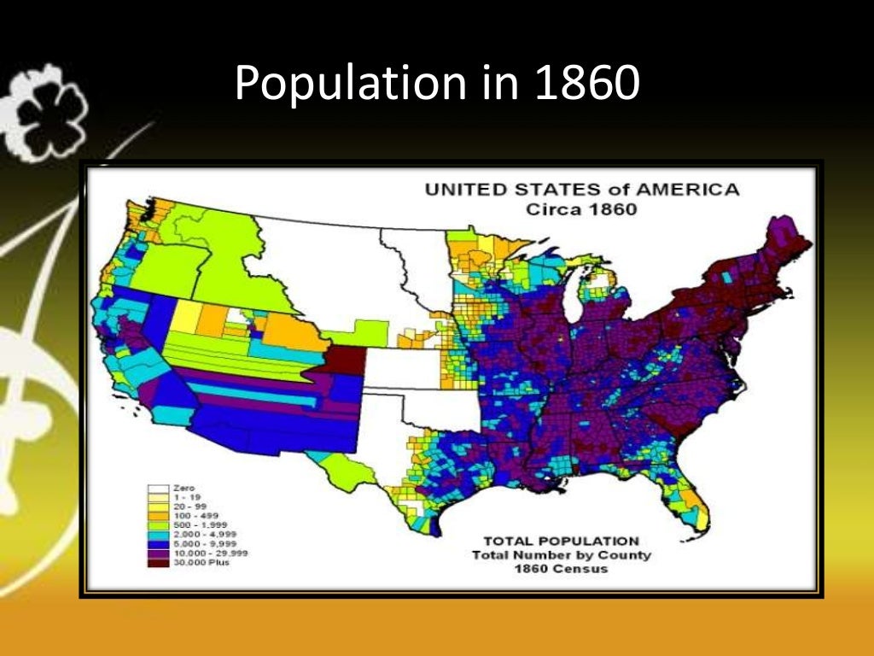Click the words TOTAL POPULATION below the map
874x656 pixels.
tap(561, 541)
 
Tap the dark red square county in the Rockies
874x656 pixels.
tap(347, 361)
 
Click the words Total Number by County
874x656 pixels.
tap(561, 555)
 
